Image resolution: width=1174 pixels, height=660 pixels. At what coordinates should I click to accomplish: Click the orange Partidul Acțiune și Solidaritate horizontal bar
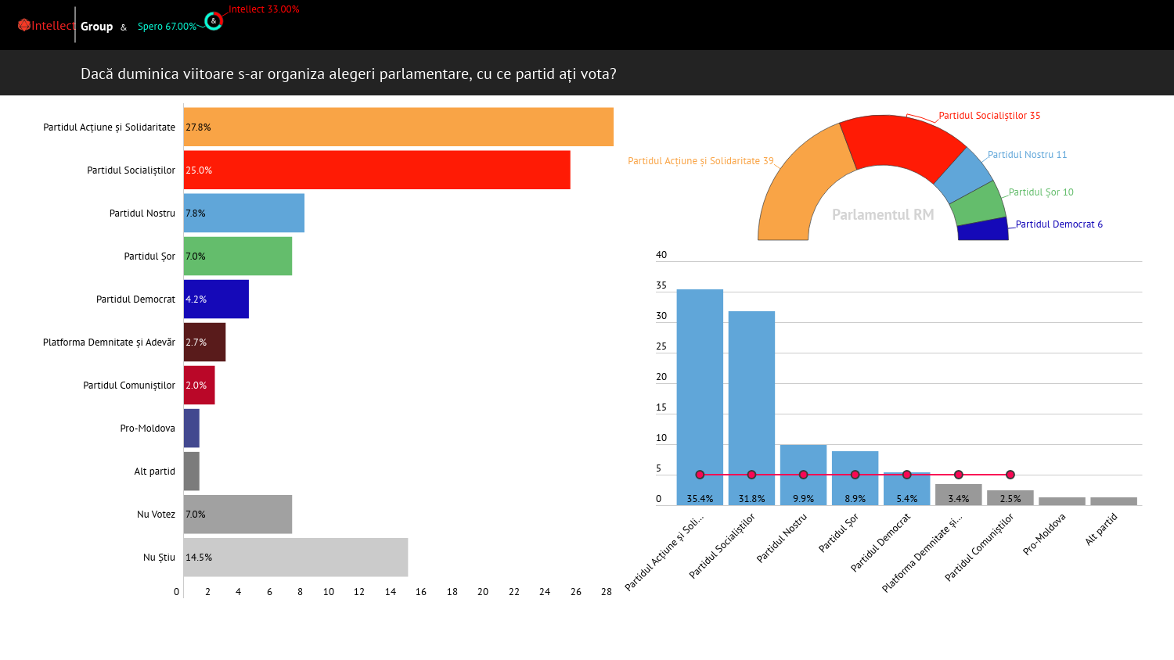click(x=398, y=127)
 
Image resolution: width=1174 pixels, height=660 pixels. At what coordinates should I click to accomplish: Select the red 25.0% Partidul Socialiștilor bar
click(x=376, y=170)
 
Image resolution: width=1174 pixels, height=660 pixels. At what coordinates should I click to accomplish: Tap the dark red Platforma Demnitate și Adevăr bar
click(x=204, y=342)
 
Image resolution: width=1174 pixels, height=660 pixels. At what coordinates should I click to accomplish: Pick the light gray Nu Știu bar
click(x=296, y=557)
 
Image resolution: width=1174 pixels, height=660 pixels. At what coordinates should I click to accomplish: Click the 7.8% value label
click(x=196, y=213)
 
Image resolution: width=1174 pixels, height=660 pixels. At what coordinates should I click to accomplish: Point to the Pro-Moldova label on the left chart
click(x=147, y=429)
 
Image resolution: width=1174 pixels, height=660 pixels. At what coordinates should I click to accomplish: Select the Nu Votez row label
click(x=156, y=515)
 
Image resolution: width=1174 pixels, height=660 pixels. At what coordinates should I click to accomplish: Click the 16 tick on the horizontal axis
click(x=421, y=592)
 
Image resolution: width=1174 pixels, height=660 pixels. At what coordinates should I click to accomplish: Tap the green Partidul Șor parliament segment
click(x=978, y=203)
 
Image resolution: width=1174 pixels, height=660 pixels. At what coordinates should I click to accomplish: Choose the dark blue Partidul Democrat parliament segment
click(x=984, y=230)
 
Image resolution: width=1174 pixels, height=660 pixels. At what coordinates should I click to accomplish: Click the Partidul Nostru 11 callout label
click(x=1027, y=155)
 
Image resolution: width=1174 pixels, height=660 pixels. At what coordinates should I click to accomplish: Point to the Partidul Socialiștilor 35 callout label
click(x=989, y=116)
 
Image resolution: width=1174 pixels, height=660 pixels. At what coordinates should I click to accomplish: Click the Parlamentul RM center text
click(x=883, y=215)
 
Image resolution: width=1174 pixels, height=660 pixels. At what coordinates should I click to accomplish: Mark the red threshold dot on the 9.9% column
click(x=803, y=475)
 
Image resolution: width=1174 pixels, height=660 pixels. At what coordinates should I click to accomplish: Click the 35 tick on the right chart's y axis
click(x=661, y=285)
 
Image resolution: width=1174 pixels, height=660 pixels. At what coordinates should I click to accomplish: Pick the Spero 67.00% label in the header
click(x=167, y=27)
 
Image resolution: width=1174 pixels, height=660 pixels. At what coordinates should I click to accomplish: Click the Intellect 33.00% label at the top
click(x=264, y=9)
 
